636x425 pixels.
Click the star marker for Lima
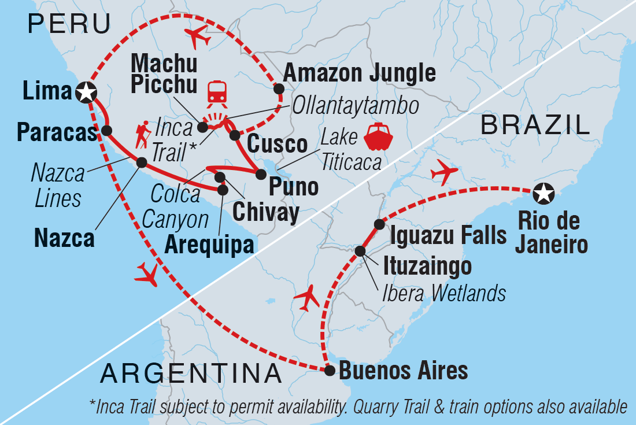86,91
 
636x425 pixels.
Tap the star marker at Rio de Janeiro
543,194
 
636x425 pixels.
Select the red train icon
217,92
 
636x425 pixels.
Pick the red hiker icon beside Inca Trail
143,135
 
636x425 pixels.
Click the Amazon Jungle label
359,73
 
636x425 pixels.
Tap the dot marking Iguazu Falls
379,224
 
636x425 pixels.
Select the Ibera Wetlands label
444,293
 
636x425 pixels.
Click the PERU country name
69,24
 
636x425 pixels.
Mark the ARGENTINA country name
191,374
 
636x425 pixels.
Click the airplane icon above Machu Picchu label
197,37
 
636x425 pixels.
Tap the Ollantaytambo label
355,106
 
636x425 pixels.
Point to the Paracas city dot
106,130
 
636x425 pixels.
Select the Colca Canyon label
175,206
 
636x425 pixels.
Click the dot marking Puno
261,173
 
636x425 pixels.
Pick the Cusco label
277,144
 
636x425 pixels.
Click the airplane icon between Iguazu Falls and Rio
445,172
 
